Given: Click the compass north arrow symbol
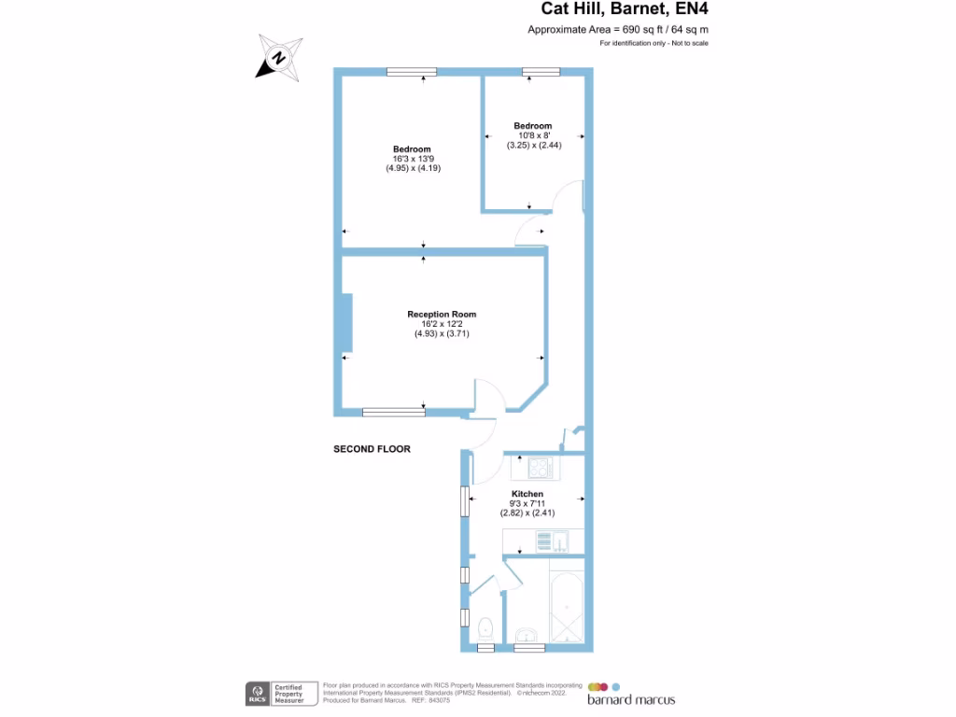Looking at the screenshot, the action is coord(279,57).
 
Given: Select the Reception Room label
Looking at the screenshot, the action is coord(442,315).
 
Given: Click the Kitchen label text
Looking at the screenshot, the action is coord(527,494).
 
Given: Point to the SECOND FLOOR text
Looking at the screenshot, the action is coord(372,449).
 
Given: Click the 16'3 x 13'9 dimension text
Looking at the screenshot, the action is coord(412,160).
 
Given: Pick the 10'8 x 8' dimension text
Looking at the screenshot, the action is coord(532,135).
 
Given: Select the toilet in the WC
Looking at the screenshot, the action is coord(485,626).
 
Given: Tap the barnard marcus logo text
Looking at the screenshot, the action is coord(630,699).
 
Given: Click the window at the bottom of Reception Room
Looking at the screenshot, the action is coord(393,411).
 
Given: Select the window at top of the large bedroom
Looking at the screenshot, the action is coord(412,71).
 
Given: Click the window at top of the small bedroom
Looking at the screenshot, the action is coord(541,71).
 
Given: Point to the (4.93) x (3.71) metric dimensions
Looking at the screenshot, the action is coord(442,333).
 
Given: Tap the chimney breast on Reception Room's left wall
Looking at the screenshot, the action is coord(346,323).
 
